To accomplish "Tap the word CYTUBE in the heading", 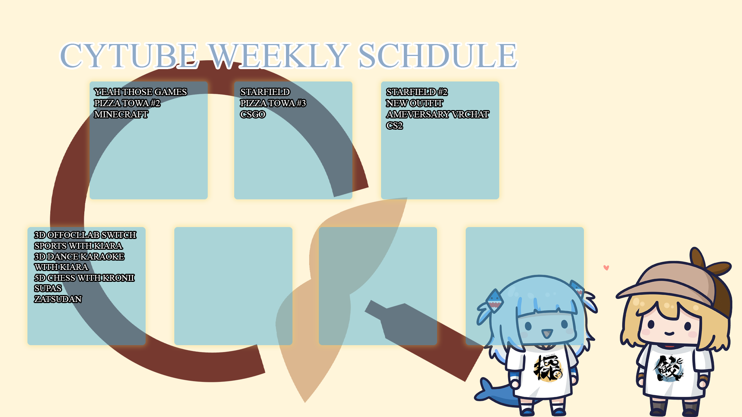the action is point(129,56).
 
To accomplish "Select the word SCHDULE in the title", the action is point(437,56).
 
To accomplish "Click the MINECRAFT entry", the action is point(121,114).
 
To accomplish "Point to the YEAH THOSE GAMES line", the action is point(141,92).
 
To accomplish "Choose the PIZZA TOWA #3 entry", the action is point(273,103).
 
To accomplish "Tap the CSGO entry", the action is point(253,114).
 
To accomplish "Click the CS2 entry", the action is point(395,125).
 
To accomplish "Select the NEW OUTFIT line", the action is point(415,103).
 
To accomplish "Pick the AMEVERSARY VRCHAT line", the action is point(438,114).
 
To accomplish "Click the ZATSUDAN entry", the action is point(58,299).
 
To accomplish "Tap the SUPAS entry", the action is point(48,288).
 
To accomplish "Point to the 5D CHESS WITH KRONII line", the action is point(84,278).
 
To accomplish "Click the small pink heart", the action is point(606,268).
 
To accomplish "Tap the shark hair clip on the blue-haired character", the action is point(495,300).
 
